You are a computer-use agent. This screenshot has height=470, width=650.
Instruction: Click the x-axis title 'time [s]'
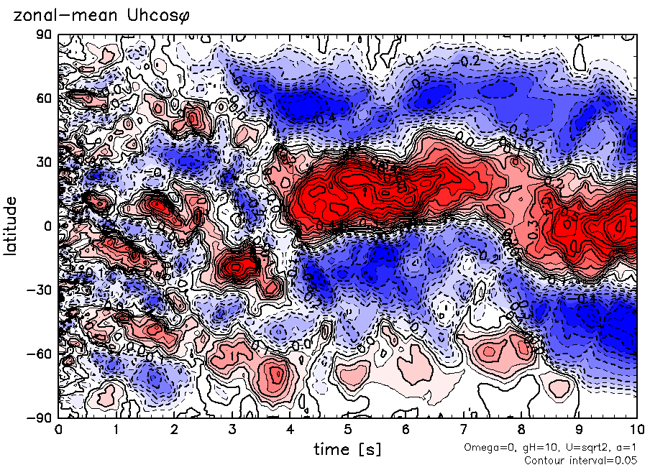click(x=347, y=450)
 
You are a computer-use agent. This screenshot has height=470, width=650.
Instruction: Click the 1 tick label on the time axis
click(x=116, y=430)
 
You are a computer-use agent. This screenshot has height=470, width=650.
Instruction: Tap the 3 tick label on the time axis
click(x=232, y=430)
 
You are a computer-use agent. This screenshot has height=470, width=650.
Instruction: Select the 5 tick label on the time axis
click(x=347, y=430)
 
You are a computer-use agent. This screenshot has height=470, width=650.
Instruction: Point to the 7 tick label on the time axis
click(x=464, y=430)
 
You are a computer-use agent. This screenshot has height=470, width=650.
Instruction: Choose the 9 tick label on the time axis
click(x=580, y=430)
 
